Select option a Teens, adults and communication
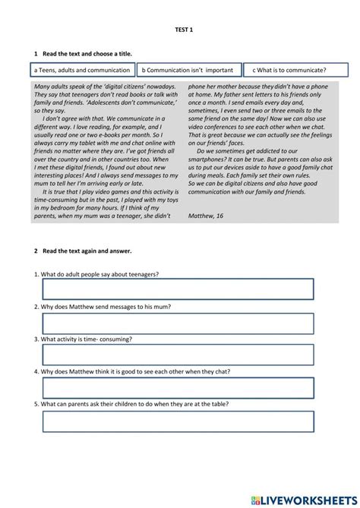pyautogui.click(x=82, y=70)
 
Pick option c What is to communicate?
pyautogui.click(x=295, y=70)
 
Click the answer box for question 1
pyautogui.click(x=178, y=289)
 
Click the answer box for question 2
pyautogui.click(x=178, y=323)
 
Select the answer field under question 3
pyautogui.click(x=178, y=355)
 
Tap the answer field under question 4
pyautogui.click(x=178, y=388)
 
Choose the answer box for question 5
pyautogui.click(x=178, y=421)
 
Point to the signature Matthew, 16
pyautogui.click(x=206, y=216)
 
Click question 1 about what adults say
pyautogui.click(x=101, y=274)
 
